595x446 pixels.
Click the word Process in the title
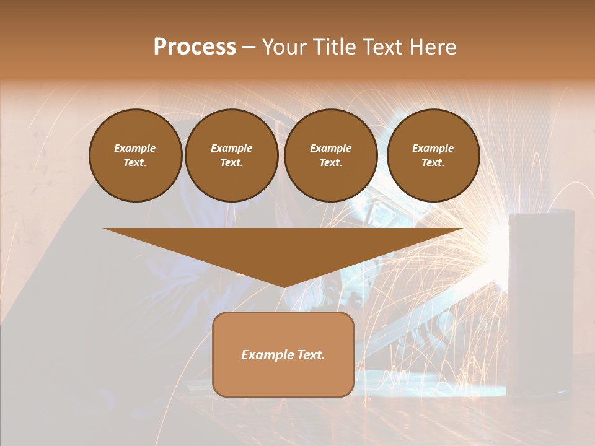[x=195, y=47]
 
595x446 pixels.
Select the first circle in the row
[x=136, y=155]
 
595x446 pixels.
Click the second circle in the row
[x=232, y=155]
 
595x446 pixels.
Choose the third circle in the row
[x=331, y=155]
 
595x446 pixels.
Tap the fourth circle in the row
[x=433, y=155]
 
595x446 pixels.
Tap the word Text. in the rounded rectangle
[x=311, y=355]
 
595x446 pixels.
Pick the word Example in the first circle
[x=135, y=148]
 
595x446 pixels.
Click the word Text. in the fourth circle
[x=433, y=163]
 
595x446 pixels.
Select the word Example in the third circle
[x=331, y=148]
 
